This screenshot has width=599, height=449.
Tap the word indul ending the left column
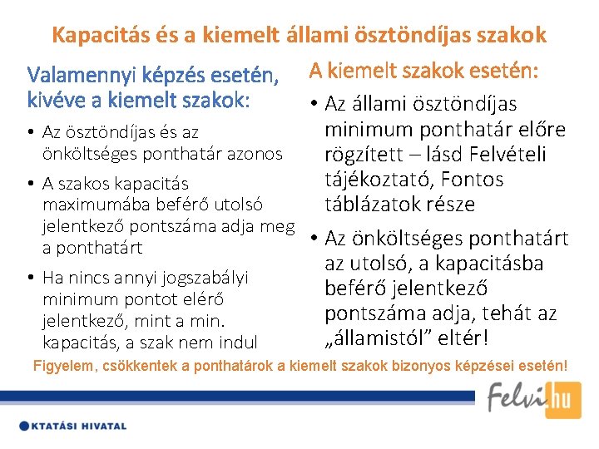point(237,342)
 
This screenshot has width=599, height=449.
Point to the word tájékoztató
point(384,180)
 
